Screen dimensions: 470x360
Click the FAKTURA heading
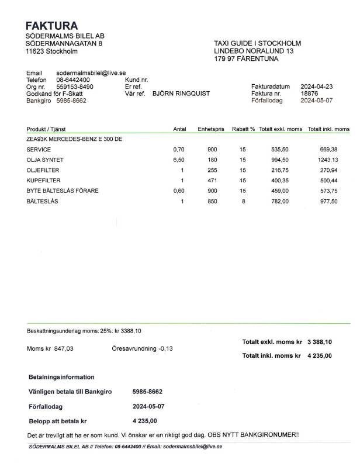coord(51,26)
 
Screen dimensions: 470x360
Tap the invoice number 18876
coord(309,93)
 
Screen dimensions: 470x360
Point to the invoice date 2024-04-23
coord(317,86)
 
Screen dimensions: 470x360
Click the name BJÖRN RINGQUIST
coord(181,93)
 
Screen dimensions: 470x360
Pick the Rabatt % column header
coord(243,129)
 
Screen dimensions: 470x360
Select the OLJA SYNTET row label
coord(45,160)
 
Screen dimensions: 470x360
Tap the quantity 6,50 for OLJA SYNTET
coord(179,160)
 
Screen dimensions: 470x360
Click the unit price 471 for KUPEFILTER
coord(212,181)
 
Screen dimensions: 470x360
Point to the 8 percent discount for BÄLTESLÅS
coord(243,202)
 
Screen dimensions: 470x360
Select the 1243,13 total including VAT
coord(328,160)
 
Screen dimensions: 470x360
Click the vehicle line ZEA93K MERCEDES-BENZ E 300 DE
coord(74,139)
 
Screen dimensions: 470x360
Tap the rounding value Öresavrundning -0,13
coord(142,348)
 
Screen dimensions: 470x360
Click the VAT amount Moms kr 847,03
coord(50,348)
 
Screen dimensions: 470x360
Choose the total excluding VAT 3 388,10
coord(320,342)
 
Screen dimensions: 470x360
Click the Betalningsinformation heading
coord(61,377)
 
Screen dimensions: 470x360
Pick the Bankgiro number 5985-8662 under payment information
coord(147,392)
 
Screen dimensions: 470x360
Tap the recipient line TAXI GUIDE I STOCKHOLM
coord(258,44)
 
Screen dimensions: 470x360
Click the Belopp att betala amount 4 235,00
coord(145,421)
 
